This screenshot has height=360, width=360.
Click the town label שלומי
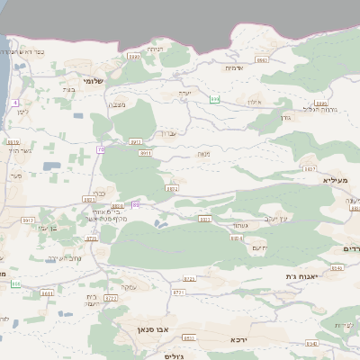point(93,81)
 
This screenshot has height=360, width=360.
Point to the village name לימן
point(24,111)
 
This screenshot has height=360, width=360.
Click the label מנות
point(203,155)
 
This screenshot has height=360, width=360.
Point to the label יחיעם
point(260,247)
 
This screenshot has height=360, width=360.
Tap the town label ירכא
point(238,340)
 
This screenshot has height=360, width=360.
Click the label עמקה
point(129,287)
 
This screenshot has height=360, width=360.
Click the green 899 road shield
point(214,98)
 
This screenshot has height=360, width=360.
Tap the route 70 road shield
point(101,148)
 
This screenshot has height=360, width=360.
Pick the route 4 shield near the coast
point(16,103)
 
